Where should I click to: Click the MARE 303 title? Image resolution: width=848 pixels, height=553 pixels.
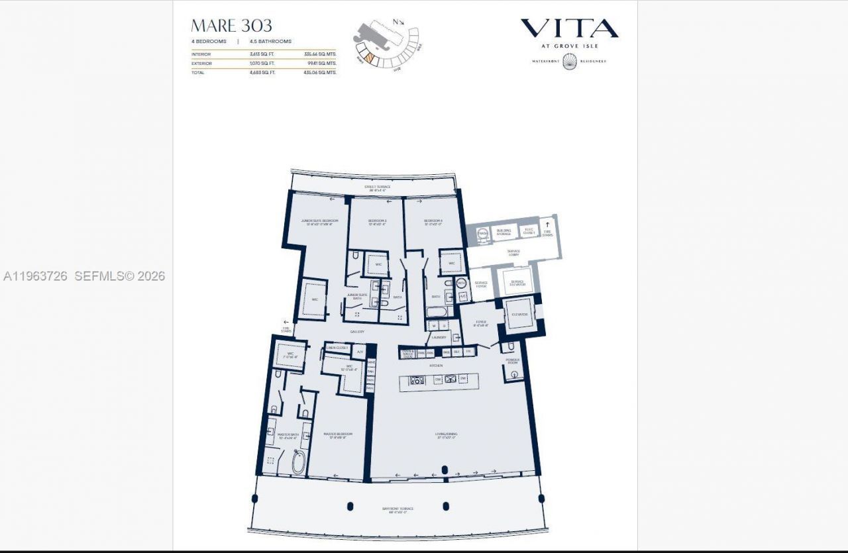tap(231, 26)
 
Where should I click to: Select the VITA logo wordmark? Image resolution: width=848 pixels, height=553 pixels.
tap(569, 28)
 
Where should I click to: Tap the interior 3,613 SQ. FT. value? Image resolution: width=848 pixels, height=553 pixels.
tap(262, 54)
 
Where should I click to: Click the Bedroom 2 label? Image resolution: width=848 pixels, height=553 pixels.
tap(377, 222)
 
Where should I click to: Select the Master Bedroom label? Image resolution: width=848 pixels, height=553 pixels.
tap(338, 436)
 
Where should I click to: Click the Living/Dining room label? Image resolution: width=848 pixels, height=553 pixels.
tap(446, 435)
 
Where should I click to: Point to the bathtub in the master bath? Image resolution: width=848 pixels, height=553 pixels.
tap(298, 462)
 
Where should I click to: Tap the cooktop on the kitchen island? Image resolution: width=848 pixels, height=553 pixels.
tap(418, 380)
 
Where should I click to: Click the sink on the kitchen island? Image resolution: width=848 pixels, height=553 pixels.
tap(451, 379)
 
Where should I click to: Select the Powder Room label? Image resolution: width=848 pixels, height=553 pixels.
tap(513, 362)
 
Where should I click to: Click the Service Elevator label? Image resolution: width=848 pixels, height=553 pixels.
tap(517, 283)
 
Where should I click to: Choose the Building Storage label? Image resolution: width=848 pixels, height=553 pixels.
tap(503, 232)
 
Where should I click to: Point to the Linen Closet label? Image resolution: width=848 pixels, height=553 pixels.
tap(337, 348)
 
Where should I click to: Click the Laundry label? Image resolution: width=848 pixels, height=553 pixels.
tap(439, 337)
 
